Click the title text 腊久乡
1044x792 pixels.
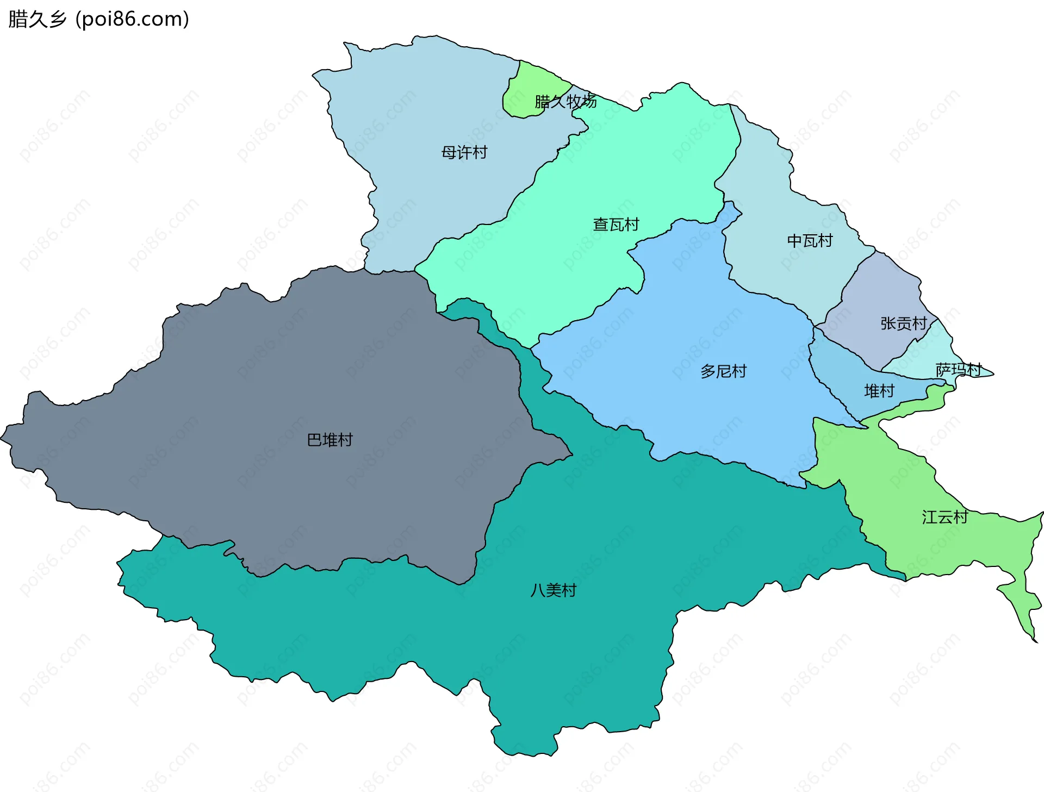[x=37, y=19]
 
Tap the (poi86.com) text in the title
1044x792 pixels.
[x=132, y=19]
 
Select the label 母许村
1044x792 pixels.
[x=464, y=152]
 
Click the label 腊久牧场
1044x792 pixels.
[x=565, y=101]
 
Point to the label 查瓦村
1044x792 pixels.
[x=616, y=224]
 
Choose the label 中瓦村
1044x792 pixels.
[x=810, y=240]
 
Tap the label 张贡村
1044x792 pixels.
[x=903, y=323]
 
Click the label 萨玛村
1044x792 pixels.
[x=958, y=370]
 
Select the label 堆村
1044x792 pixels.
[x=879, y=391]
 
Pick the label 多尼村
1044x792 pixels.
[x=723, y=371]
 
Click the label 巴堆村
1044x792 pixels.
[x=330, y=440]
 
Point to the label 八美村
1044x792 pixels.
[x=553, y=590]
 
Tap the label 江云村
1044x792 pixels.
[x=944, y=517]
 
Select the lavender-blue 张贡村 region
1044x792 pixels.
[x=881, y=294]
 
